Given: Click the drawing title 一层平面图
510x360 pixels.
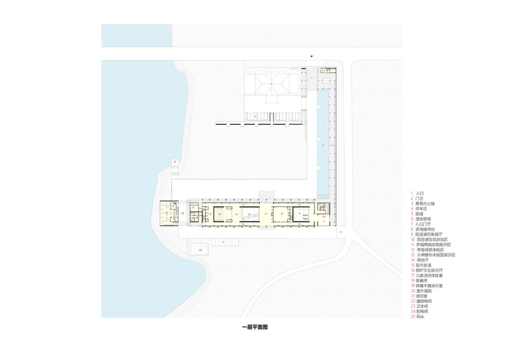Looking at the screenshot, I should coord(255,327).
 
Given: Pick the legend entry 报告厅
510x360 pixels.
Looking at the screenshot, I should coord(423,260).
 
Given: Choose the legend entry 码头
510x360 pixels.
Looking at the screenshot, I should coord(420,317).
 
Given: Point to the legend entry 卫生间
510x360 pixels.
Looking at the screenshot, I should coord(422,306).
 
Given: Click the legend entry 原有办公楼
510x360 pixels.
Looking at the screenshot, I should coord(425,203).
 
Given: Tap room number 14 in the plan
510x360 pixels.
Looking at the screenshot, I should coord(220,214).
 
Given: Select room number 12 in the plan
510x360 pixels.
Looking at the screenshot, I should coord(249,214).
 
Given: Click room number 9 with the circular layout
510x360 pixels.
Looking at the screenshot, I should coord(300,213).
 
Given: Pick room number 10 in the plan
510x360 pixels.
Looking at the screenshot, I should coord(282,213).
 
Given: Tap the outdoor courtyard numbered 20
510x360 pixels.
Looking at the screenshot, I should coord(182,213).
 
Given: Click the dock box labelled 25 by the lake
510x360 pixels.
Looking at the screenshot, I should coord(175,162).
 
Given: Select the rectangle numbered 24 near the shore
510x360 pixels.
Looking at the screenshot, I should coord(200,250).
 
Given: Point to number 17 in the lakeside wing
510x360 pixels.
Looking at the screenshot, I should coord(167,213).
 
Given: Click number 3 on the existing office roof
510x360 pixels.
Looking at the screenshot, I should coord(271,84).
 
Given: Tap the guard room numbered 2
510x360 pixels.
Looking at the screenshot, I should coord(324,71).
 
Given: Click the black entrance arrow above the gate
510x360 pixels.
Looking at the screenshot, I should coord(312,57).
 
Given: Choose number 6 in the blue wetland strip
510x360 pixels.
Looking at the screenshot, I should coord(323,145).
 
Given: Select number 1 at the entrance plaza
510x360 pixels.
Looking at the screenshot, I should coord(312,78).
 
